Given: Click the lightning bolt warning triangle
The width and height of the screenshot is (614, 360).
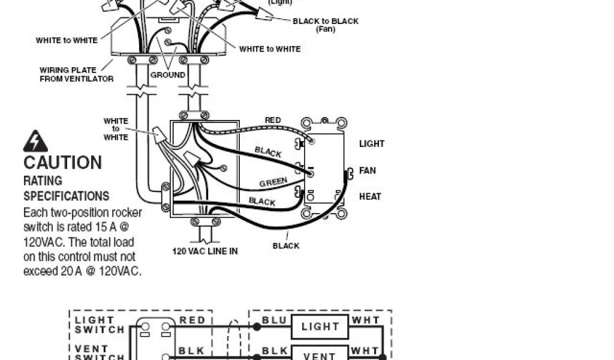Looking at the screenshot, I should pyautogui.click(x=35, y=142).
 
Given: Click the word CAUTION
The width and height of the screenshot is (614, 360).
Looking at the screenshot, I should pyautogui.click(x=62, y=163).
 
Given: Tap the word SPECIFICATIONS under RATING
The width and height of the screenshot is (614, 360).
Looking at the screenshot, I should pyautogui.click(x=66, y=196).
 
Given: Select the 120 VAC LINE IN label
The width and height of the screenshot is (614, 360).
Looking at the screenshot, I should pyautogui.click(x=205, y=251).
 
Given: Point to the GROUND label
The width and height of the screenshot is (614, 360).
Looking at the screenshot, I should pyautogui.click(x=168, y=75).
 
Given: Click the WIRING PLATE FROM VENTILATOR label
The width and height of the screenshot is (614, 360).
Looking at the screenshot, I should pyautogui.click(x=76, y=74).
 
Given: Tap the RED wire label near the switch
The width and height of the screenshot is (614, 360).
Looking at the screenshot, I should pyautogui.click(x=273, y=121).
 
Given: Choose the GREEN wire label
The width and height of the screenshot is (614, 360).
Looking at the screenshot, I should pyautogui.click(x=273, y=182).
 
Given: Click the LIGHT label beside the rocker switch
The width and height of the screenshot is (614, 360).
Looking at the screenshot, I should pyautogui.click(x=372, y=144).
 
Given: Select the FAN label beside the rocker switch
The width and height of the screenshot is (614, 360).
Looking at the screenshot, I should pyautogui.click(x=368, y=170).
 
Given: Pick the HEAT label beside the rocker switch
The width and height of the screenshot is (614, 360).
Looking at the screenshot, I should pyautogui.click(x=370, y=196).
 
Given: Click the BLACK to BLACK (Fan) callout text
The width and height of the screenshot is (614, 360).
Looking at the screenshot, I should pyautogui.click(x=326, y=25).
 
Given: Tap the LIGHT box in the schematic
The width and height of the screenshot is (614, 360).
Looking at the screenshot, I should pyautogui.click(x=320, y=327).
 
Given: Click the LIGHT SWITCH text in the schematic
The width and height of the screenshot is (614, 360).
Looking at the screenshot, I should pyautogui.click(x=100, y=325).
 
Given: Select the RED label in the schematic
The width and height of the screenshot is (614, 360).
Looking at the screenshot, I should pyautogui.click(x=192, y=320).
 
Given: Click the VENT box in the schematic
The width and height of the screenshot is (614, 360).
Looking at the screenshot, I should pyautogui.click(x=320, y=355).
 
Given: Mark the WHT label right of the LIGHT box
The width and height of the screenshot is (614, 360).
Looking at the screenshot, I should pyautogui.click(x=365, y=320).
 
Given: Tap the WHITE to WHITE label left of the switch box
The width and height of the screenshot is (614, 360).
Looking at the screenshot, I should pyautogui.click(x=116, y=129).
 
